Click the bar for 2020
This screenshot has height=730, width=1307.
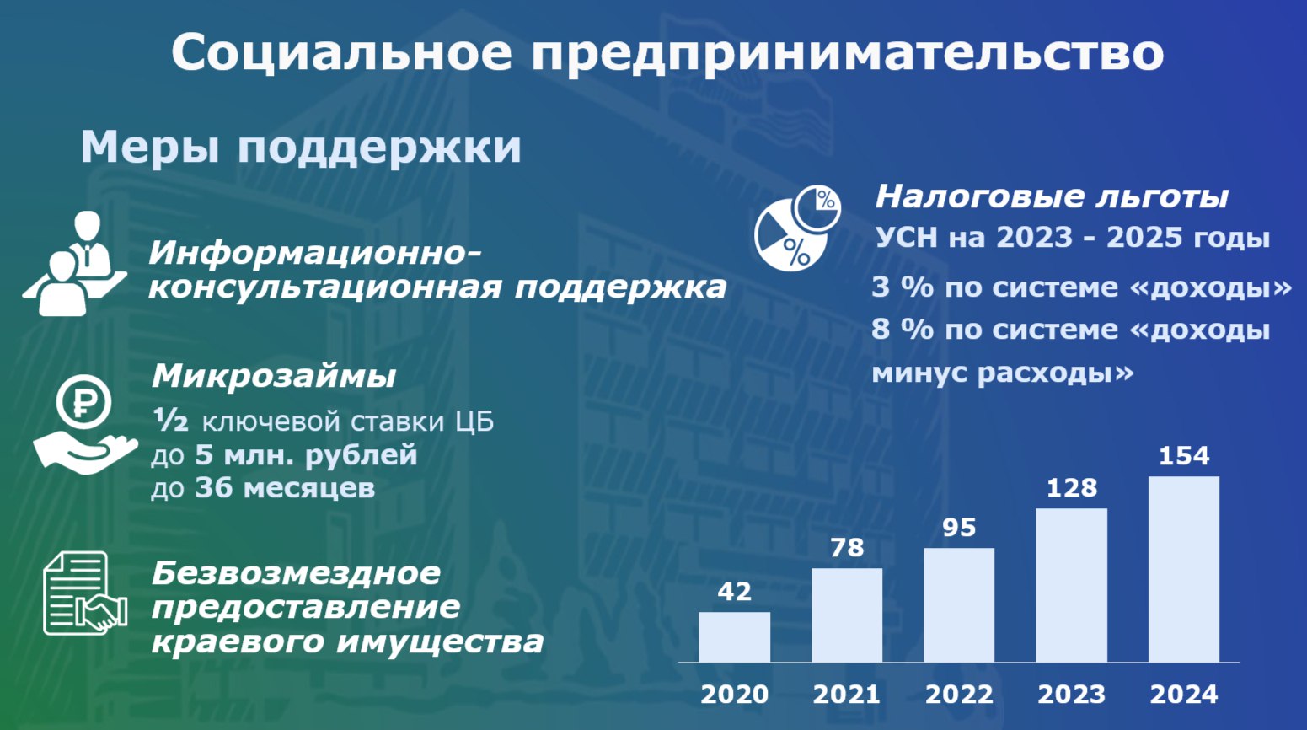(734, 636)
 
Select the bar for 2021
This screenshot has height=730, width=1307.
(847, 615)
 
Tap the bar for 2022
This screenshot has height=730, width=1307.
(959, 604)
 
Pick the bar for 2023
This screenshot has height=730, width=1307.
(1071, 585)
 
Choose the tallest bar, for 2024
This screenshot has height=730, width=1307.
(1184, 569)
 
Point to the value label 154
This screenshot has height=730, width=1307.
(1184, 456)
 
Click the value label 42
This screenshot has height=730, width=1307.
(734, 592)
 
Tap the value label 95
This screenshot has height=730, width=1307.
(959, 528)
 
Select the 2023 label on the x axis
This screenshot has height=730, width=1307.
(1071, 695)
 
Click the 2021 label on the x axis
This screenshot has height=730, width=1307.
(847, 695)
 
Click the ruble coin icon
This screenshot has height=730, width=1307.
(83, 402)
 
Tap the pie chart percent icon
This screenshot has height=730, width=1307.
(797, 228)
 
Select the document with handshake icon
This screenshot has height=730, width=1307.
(85, 593)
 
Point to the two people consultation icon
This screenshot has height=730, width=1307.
(75, 263)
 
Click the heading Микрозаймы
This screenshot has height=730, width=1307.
(274, 376)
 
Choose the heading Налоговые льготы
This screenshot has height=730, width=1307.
(1052, 196)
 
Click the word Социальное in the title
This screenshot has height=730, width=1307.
(342, 52)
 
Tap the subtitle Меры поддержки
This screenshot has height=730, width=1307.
(301, 147)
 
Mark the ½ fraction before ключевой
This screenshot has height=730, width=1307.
(170, 420)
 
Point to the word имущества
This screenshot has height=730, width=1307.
(440, 641)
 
